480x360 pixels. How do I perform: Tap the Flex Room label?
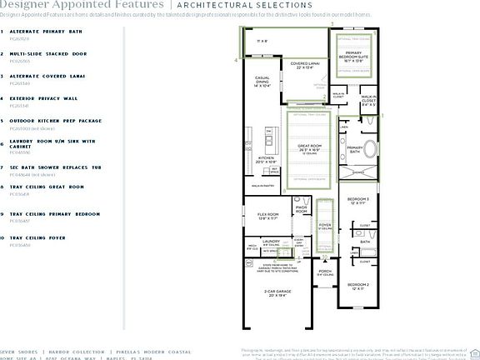tap(267, 216)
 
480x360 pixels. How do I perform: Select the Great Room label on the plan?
tap(310, 150)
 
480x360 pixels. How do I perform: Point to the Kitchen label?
tap(267, 159)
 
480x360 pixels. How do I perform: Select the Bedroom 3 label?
tap(357, 201)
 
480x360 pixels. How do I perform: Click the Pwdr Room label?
tap(302, 208)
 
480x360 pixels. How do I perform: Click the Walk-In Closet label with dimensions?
tap(369, 104)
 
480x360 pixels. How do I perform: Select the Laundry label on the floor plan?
tap(270, 242)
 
